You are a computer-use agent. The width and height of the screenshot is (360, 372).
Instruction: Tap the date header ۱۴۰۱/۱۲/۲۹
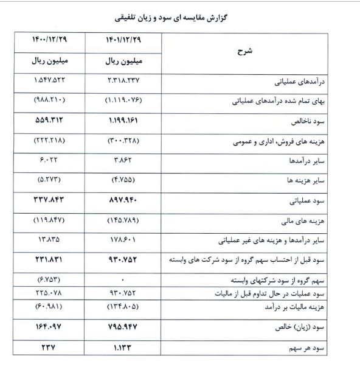click(x=123, y=40)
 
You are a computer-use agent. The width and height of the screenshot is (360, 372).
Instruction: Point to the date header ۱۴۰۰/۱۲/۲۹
click(x=50, y=40)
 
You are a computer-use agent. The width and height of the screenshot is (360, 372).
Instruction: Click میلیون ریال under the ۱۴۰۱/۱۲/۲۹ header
click(x=123, y=62)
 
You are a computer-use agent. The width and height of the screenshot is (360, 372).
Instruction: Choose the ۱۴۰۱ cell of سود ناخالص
click(x=123, y=121)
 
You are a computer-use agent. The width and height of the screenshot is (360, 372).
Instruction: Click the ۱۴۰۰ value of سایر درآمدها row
click(x=50, y=160)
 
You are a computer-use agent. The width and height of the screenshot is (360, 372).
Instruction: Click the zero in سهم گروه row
click(x=123, y=280)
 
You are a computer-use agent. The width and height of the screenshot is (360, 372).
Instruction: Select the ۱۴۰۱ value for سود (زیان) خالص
click(x=123, y=328)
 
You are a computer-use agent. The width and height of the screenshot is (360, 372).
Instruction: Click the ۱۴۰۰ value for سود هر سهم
click(x=50, y=348)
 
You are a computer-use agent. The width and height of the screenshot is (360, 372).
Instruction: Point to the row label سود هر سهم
click(x=314, y=348)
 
